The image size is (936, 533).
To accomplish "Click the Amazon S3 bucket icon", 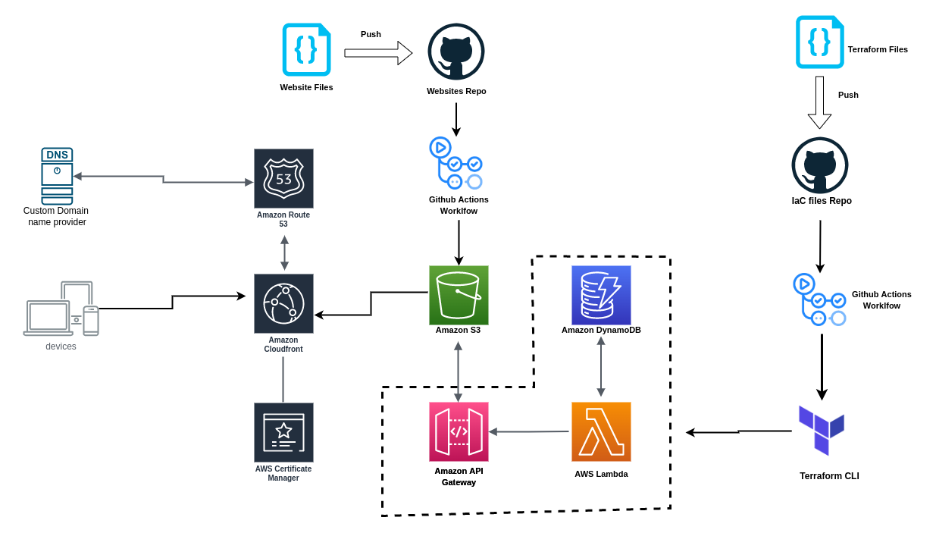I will point(459,295).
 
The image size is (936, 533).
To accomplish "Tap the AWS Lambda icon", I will point(601,431).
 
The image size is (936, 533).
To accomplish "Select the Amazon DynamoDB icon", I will point(601,295).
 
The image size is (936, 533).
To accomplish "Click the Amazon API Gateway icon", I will point(459,431).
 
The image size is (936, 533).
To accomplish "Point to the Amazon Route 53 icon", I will point(283,178).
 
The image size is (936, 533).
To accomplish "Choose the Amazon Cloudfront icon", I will point(283,303).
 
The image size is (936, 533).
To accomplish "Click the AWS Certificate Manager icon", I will point(283,432).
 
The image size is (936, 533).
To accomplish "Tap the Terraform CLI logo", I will point(822,430).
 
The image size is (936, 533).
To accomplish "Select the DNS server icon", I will point(57,176).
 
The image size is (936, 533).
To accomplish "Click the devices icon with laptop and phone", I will point(61,309).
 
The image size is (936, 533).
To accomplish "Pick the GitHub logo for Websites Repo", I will point(456,52).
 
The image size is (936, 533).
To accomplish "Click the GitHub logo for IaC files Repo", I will point(820,165).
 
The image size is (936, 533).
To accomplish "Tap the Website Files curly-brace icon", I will point(306,49).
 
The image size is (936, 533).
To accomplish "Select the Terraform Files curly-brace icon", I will point(819,42).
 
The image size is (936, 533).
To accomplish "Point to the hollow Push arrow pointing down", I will point(819,102).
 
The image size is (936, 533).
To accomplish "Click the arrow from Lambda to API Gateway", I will point(529,431).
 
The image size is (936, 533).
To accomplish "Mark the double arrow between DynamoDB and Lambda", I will point(601,366).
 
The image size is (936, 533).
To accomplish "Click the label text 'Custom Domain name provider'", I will point(56,216).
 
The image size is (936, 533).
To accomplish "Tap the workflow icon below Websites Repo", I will point(456,163).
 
